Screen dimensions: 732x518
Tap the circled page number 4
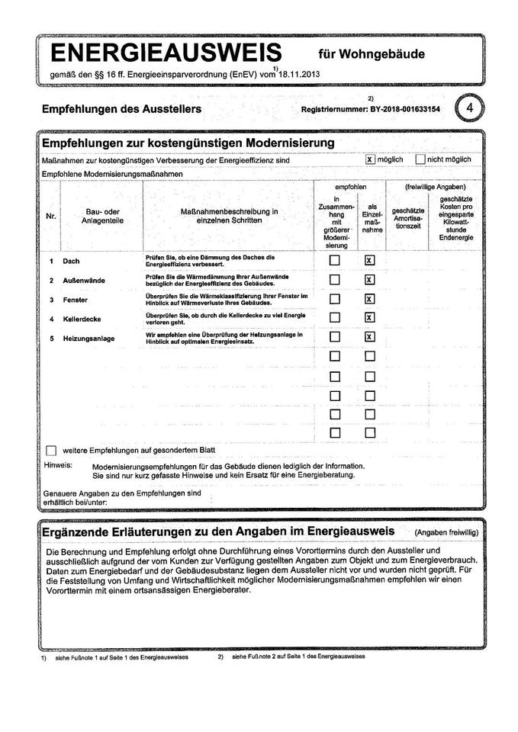(x=470, y=108)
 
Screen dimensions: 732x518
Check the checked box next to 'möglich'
(x=370, y=159)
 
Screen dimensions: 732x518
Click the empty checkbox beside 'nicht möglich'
(x=420, y=159)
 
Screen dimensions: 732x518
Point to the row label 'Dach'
(x=71, y=261)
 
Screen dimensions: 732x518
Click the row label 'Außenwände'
(x=83, y=280)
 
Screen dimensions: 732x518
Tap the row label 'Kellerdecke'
(x=82, y=318)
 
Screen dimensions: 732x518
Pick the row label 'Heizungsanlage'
(x=88, y=337)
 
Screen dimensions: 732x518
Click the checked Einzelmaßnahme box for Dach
(x=370, y=261)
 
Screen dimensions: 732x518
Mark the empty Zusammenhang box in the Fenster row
(x=334, y=299)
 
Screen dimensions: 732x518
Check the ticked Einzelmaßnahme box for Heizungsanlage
(x=370, y=337)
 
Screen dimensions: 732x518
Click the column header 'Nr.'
(x=51, y=217)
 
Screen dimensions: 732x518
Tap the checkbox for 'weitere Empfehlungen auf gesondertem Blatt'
(x=51, y=450)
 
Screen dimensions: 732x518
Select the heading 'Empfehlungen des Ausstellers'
(x=121, y=110)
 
